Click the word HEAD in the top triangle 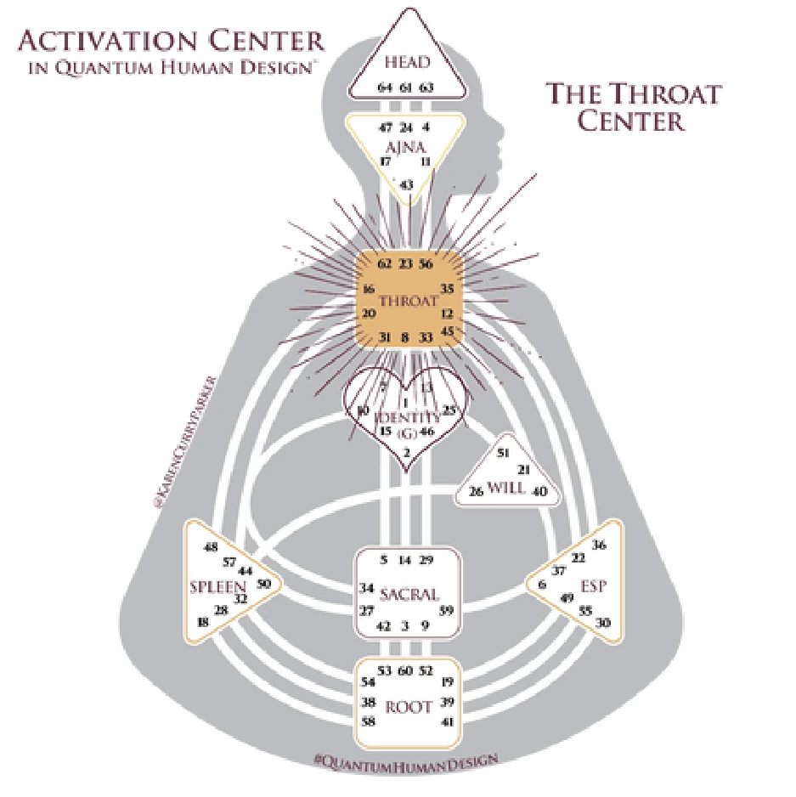(407, 63)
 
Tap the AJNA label (406, 147)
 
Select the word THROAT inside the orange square (409, 300)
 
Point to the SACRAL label (409, 594)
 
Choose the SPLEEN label (217, 586)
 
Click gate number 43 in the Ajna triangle (407, 184)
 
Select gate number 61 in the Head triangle (406, 87)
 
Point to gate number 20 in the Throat (369, 314)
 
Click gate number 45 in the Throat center (449, 331)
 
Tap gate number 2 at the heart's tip (406, 451)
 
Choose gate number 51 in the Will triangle (503, 453)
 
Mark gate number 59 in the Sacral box (446, 610)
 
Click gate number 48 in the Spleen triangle (212, 546)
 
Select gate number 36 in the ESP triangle (600, 545)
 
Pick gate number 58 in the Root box (369, 721)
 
